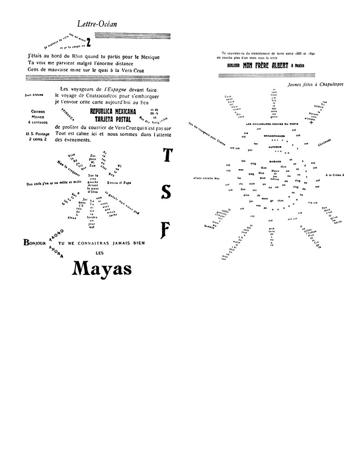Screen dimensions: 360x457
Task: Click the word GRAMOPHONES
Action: [275, 134]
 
